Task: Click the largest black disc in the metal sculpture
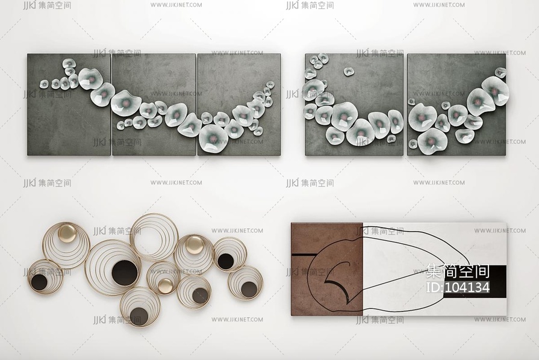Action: (125, 273)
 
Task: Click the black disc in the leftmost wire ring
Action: (39, 282)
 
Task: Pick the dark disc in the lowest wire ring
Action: (139, 317)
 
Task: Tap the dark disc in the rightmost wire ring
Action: (249, 289)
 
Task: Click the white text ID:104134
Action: (458, 287)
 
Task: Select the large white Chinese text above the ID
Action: (458, 271)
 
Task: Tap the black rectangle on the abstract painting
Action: (474, 282)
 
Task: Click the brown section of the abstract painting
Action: (327, 269)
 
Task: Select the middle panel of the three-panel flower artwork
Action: (154, 104)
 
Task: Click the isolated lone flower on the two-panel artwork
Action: (349, 72)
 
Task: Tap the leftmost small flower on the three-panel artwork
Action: (44, 84)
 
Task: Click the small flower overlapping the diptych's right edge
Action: (500, 72)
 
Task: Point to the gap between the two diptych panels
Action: (406, 105)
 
